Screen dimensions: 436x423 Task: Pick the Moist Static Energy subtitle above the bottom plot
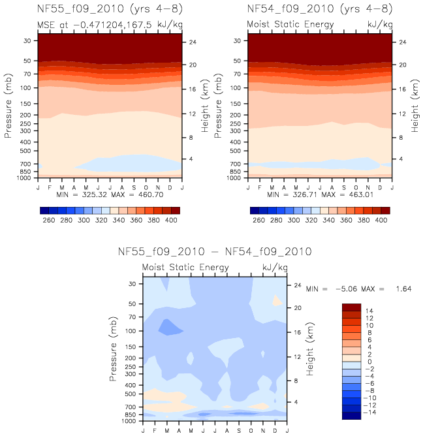pos(185,268)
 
